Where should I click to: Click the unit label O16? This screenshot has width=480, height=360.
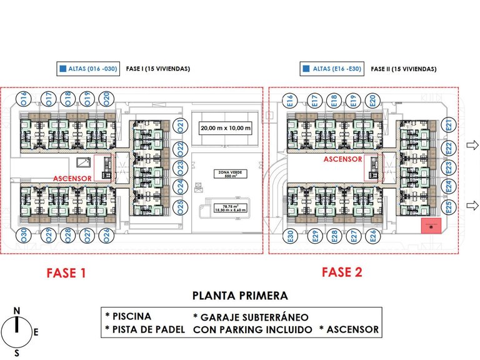point(24,99)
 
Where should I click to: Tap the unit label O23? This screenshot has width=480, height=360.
point(181,167)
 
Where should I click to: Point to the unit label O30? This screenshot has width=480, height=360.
point(24,235)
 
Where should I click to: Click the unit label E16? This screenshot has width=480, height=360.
point(289,100)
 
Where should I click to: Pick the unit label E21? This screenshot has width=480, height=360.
point(448,126)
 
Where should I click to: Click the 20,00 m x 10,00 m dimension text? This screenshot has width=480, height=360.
point(225,129)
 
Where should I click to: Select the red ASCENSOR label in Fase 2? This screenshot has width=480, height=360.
point(342,159)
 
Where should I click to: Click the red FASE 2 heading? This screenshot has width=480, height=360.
point(342,272)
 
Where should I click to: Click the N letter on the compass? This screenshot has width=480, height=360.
point(17,311)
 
